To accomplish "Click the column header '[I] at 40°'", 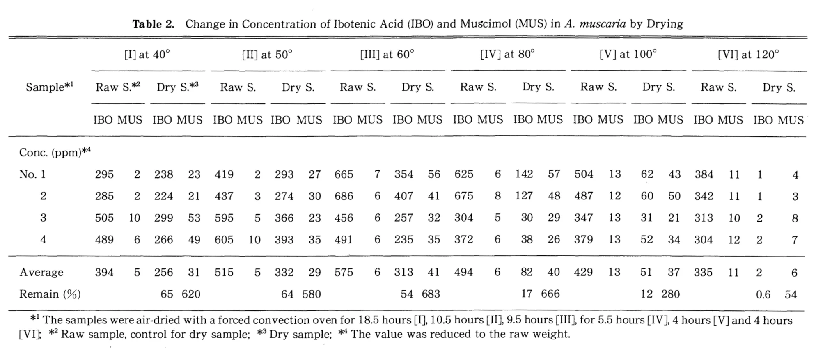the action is (x=147, y=55).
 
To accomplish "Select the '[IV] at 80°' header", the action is (x=507, y=54).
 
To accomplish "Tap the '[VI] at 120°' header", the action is (x=748, y=55).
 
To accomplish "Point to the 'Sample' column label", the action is (x=49, y=87).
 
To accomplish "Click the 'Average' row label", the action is (x=41, y=272).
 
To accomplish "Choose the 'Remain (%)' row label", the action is (x=50, y=294).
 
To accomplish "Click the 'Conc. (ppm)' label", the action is (x=55, y=152).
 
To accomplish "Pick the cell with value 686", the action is (x=344, y=196).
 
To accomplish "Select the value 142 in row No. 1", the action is (x=524, y=174).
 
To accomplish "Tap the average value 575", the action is (x=344, y=272).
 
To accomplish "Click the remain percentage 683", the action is (x=431, y=294).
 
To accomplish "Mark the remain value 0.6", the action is (x=763, y=295).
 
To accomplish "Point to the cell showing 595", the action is (x=224, y=218).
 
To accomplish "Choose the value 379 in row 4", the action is (x=583, y=240).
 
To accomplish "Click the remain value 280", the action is (x=670, y=294).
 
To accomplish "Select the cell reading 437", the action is (x=224, y=196).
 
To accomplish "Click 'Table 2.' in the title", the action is (x=154, y=24).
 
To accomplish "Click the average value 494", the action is (x=463, y=272).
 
